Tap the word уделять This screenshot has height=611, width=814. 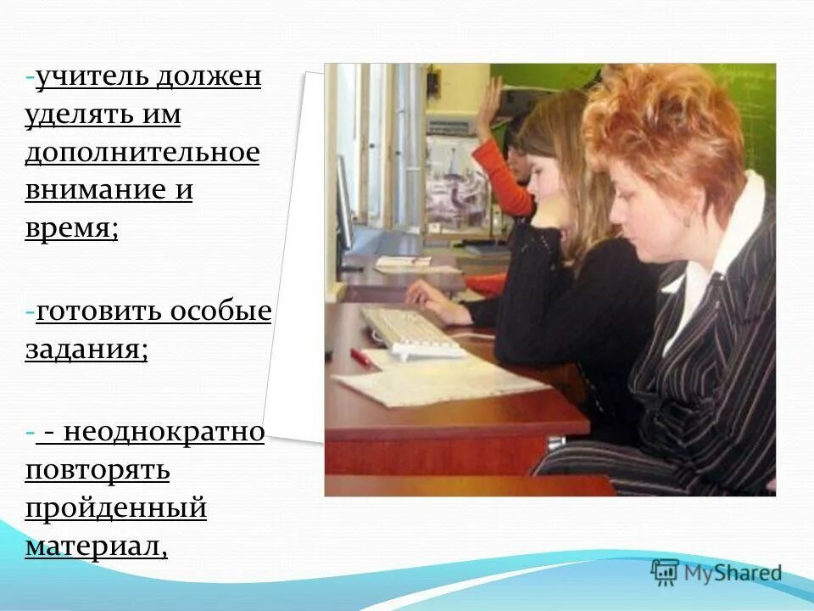click(78, 115)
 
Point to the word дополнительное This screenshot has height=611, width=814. click(142, 153)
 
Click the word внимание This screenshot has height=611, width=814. click(94, 190)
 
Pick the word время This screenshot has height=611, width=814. click(70, 228)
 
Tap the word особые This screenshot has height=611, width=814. click(221, 311)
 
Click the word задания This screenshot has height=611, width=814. click(85, 350)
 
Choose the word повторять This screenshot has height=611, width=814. click(98, 469)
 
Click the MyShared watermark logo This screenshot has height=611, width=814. click(716, 573)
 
